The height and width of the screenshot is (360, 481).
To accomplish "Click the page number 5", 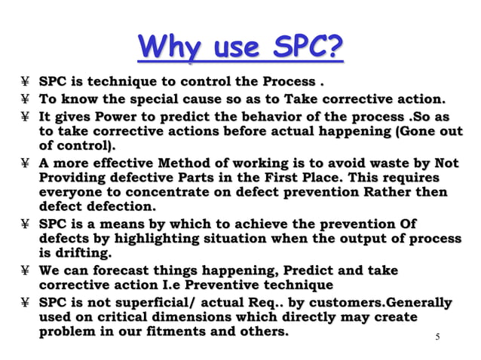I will click(438, 337).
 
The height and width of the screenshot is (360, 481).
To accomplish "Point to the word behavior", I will click(280, 117).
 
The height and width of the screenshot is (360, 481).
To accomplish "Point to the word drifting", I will click(81, 253).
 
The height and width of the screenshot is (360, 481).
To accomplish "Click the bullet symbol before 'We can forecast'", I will click(26, 271).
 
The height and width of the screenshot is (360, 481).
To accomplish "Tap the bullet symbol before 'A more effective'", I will click(26, 163).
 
